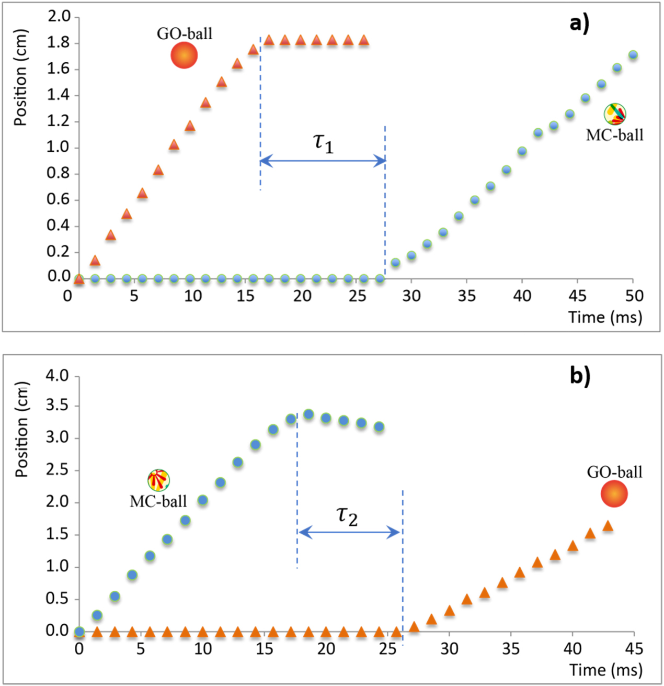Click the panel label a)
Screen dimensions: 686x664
click(x=579, y=24)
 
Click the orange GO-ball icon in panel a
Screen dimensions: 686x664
click(x=184, y=55)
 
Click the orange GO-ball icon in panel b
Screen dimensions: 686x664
click(x=614, y=493)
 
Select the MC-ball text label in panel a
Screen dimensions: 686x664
click(x=614, y=135)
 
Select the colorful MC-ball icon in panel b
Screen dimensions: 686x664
click(x=158, y=479)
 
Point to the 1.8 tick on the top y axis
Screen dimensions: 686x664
click(x=59, y=42)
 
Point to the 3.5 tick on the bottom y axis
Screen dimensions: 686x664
click(x=58, y=406)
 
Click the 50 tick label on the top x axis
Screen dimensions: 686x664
click(x=634, y=296)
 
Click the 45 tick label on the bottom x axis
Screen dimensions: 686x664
click(x=634, y=649)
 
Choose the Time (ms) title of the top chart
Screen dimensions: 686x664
click(x=605, y=317)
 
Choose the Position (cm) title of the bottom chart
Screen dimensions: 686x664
click(x=21, y=429)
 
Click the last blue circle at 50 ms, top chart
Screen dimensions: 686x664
click(x=633, y=55)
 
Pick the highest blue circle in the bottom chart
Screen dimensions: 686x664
click(x=308, y=414)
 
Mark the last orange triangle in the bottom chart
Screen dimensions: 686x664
click(x=608, y=526)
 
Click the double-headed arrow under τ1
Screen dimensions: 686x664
click(x=323, y=161)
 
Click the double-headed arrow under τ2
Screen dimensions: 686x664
click(x=349, y=533)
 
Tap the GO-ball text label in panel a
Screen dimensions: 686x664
click(x=185, y=33)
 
